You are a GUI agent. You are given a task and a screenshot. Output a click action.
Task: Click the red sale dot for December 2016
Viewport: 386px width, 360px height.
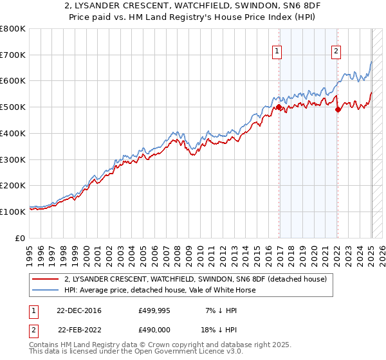coord(279,108)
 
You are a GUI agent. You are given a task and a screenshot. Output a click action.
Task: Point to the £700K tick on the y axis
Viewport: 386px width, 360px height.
coord(14,55)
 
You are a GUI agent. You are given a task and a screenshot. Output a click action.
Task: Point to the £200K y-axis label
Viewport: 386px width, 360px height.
coord(14,185)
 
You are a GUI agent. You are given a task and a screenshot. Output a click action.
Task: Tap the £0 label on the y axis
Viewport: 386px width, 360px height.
coord(21,237)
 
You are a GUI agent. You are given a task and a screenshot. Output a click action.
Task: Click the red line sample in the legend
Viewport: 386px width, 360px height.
coord(46,279)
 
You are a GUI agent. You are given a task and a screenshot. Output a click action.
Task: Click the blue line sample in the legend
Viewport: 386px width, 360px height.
coord(46,290)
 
